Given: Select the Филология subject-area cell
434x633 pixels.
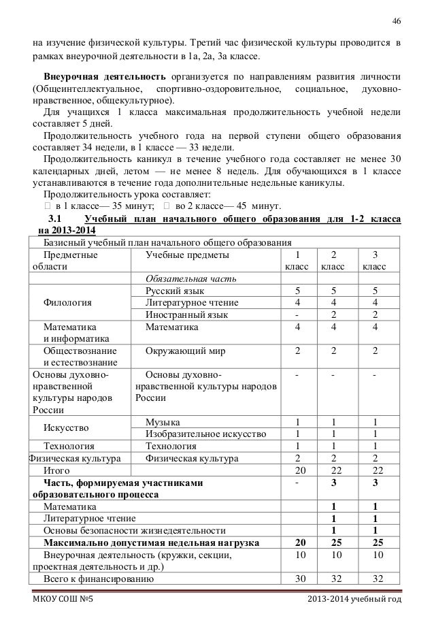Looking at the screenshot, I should (x=68, y=302).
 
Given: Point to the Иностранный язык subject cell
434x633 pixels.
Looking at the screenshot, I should (x=186, y=314).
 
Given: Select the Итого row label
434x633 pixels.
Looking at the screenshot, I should (x=55, y=470).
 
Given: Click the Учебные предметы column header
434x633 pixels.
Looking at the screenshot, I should (x=188, y=255).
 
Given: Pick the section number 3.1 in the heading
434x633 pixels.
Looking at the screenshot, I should (x=53, y=218).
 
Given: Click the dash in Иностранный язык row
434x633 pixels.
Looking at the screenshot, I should (x=297, y=314).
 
